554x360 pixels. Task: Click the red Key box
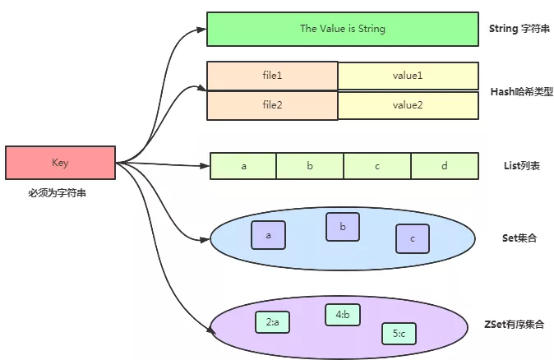pyautogui.click(x=60, y=163)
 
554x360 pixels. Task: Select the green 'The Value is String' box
pyautogui.click(x=342, y=29)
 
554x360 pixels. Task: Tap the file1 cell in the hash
pyautogui.click(x=272, y=76)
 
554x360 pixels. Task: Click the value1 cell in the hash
pyautogui.click(x=408, y=76)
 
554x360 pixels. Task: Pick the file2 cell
pyautogui.click(x=272, y=104)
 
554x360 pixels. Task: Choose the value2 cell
pyautogui.click(x=408, y=104)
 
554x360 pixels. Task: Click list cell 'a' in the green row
pyautogui.click(x=244, y=166)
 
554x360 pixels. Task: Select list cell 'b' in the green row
pyautogui.click(x=310, y=166)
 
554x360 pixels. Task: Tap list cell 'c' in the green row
pyautogui.click(x=377, y=166)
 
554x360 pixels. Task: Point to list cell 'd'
pyautogui.click(x=444, y=166)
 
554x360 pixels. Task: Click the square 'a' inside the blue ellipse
pyautogui.click(x=268, y=235)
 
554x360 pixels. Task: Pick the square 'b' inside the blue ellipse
pyautogui.click(x=343, y=227)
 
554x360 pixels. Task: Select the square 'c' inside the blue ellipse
pyautogui.click(x=413, y=238)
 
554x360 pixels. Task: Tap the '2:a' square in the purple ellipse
pyautogui.click(x=272, y=323)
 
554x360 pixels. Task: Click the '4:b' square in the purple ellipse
pyautogui.click(x=342, y=314)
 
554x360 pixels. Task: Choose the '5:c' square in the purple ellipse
pyautogui.click(x=399, y=333)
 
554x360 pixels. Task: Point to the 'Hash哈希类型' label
pyautogui.click(x=518, y=90)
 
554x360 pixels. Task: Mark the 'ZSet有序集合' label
pyautogui.click(x=517, y=325)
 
